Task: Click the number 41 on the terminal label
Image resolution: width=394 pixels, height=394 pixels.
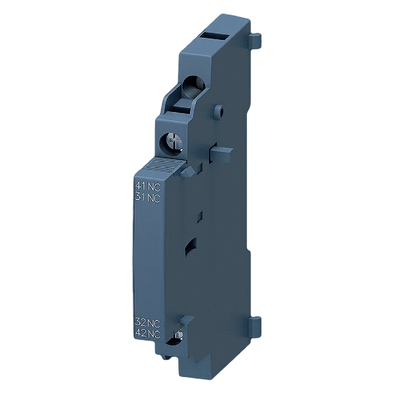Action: coord(140,186)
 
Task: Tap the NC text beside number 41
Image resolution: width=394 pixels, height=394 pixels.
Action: coord(153,186)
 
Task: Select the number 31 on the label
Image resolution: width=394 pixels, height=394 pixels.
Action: coord(140,197)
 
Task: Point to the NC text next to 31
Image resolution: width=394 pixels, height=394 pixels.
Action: coord(153,197)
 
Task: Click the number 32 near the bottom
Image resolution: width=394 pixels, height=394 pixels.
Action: coord(140,322)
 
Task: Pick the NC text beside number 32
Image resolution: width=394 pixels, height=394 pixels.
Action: coord(154,322)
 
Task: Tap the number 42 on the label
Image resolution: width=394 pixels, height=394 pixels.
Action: coord(140,334)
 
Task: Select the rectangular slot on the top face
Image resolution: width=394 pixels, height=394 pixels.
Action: coord(214,38)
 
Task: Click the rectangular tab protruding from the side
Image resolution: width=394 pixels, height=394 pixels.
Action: coord(221,155)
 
